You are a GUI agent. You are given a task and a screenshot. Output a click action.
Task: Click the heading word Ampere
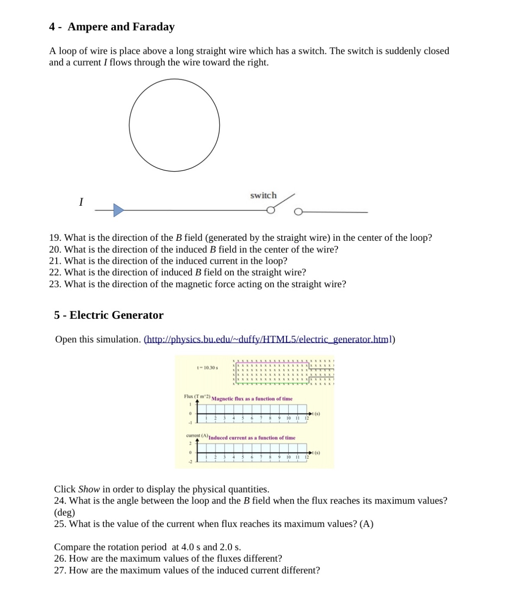tap(88, 27)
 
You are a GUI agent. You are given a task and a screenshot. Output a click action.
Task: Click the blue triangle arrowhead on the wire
tap(118, 210)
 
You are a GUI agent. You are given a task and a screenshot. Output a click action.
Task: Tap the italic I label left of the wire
tap(81, 202)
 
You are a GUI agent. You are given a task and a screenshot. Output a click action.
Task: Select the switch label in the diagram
tap(263, 195)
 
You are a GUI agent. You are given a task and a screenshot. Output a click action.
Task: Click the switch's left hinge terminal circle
tap(270, 210)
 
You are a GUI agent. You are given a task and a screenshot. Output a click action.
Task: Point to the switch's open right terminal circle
tap(298, 212)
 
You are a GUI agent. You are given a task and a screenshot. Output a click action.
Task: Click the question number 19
tap(55, 238)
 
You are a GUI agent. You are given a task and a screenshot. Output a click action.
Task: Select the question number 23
tap(55, 284)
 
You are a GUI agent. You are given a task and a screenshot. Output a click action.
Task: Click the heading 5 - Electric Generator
tap(109, 315)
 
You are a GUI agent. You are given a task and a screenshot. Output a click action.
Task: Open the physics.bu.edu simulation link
tap(268, 339)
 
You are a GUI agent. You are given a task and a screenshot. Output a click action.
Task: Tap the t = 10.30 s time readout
tap(207, 368)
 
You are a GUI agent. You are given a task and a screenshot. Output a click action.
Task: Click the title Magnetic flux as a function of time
tap(252, 399)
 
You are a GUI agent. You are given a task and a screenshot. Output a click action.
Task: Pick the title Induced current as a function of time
tap(252, 438)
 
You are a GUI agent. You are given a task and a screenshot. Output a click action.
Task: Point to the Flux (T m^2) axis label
tap(197, 396)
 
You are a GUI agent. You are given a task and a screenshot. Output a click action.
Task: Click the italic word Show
tap(89, 489)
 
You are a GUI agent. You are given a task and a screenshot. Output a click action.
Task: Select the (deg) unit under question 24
tap(64, 512)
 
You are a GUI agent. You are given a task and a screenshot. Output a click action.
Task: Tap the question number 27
tap(60, 570)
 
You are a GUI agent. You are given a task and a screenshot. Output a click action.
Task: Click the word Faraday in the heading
tap(153, 27)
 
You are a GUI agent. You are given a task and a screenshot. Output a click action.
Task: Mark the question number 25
tap(60, 524)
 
